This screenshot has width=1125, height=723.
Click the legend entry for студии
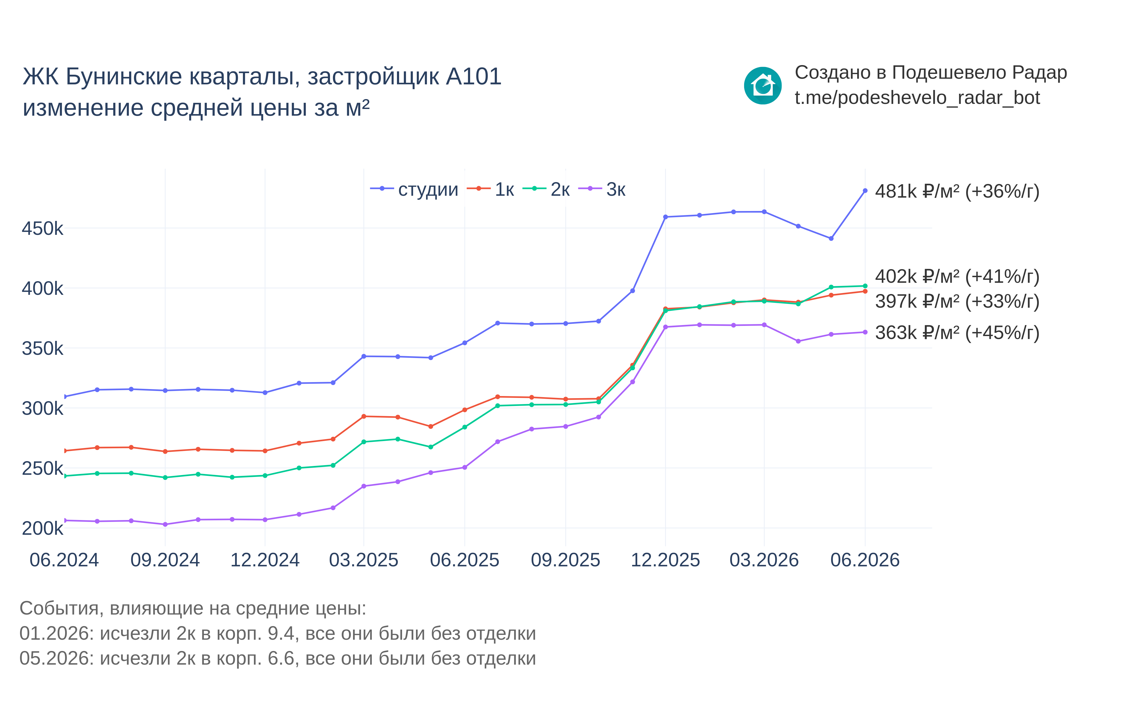414,189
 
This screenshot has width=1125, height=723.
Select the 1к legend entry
491,189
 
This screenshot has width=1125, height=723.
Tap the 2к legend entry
546,189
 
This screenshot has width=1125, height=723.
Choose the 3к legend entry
602,189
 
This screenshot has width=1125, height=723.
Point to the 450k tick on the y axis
42,229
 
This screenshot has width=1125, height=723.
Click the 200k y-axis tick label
42,528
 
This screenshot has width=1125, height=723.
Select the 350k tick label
42,348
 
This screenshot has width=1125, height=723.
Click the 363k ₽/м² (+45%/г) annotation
957,333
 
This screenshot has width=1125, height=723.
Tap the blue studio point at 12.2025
665,217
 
